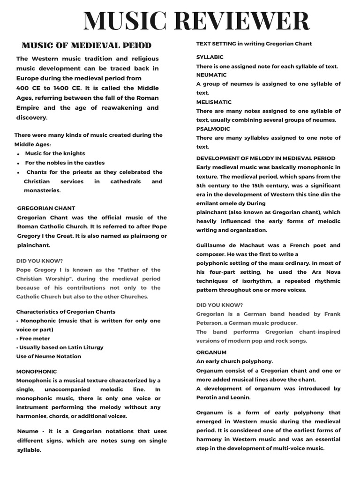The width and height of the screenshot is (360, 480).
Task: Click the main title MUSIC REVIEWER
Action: tap(196, 22)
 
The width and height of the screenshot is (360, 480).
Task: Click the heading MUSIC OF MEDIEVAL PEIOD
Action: tap(87, 45)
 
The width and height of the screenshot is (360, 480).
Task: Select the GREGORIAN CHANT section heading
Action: tap(46, 208)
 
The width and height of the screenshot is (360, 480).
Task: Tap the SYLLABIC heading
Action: tap(210, 57)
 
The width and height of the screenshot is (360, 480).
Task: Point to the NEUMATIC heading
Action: tap(211, 75)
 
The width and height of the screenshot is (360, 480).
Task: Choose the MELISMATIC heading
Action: tap(214, 102)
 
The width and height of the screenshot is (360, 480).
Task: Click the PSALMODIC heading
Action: tap(213, 129)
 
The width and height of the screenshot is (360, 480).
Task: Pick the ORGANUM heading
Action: tap(211, 352)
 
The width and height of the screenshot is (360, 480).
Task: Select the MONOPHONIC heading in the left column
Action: tap(37, 371)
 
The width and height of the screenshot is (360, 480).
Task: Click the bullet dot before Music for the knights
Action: tap(18, 154)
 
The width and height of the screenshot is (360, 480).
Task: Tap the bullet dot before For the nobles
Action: tap(18, 164)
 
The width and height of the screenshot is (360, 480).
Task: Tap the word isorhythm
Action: tap(253, 281)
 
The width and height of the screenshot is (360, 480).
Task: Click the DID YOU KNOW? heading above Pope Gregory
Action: tap(39, 261)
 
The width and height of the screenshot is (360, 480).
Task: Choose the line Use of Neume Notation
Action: tap(49, 356)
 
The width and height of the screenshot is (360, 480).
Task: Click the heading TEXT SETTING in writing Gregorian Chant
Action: tap(254, 44)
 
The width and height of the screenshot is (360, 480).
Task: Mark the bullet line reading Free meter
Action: tap(33, 338)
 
